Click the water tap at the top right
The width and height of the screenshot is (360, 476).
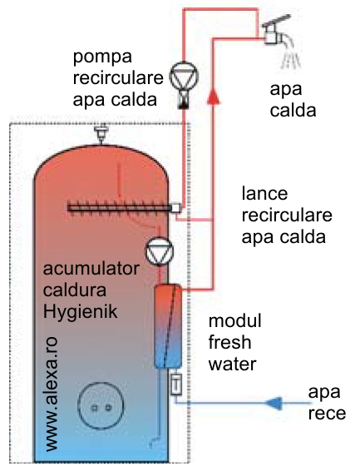click(x=274, y=32)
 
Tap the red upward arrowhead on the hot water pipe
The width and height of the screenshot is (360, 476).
click(x=213, y=96)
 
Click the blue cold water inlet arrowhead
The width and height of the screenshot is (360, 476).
click(x=274, y=403)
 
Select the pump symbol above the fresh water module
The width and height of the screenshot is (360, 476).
click(x=160, y=251)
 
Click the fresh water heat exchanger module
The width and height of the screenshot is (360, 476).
click(x=168, y=326)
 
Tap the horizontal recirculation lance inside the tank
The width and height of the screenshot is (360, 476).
click(x=121, y=208)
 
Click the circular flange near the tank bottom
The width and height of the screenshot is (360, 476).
click(x=101, y=405)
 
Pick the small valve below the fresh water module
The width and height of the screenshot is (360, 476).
click(x=176, y=384)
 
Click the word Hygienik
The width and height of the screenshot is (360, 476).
click(x=80, y=311)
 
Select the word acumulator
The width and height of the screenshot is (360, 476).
click(x=91, y=269)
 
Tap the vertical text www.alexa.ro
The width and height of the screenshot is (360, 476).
click(x=51, y=394)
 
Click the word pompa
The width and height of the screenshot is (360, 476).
click(x=102, y=57)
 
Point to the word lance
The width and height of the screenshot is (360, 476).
click(x=264, y=194)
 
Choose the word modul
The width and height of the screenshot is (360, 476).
click(x=234, y=320)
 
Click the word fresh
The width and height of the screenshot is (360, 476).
click(x=229, y=342)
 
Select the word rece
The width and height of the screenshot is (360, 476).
click(x=327, y=414)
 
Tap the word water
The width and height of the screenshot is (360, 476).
click(x=232, y=364)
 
